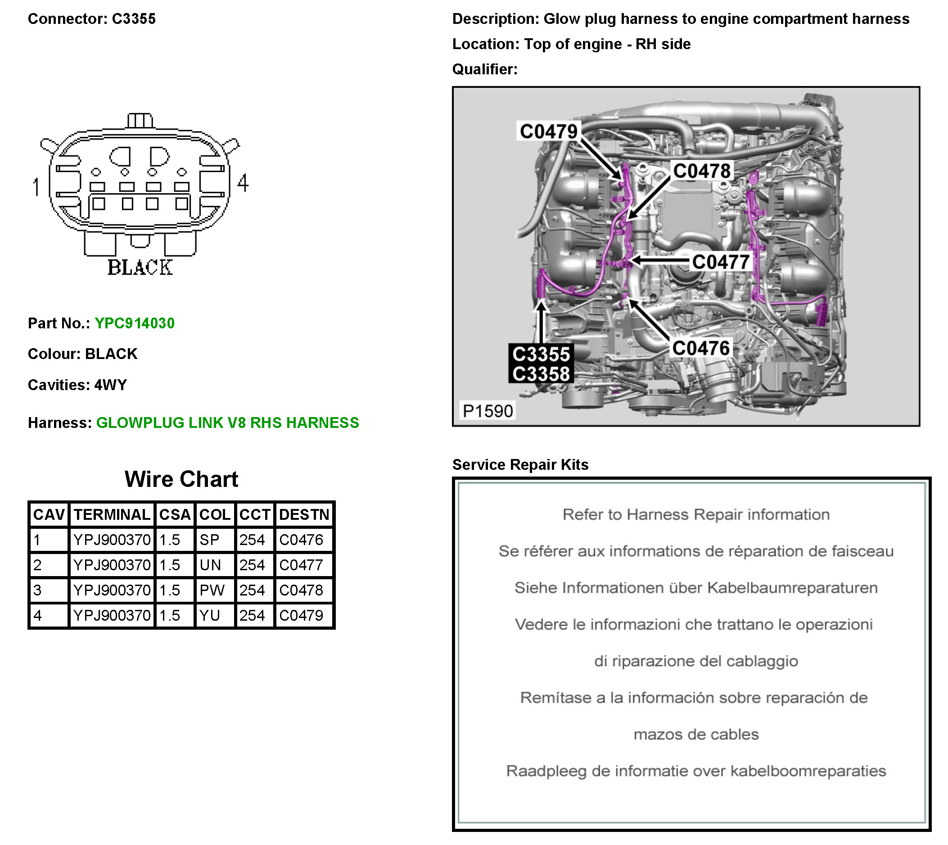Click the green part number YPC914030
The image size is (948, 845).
tap(135, 323)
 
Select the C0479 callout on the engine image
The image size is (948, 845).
tap(548, 132)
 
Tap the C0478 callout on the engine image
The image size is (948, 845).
tap(702, 171)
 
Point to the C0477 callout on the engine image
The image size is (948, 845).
tap(720, 262)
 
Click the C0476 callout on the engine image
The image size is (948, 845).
tap(701, 348)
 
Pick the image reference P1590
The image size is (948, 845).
tap(488, 411)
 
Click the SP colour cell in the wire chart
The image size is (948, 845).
tap(210, 540)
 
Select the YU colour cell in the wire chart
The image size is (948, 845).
tap(210, 615)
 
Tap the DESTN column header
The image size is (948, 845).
tap(304, 514)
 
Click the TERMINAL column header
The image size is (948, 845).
tap(112, 514)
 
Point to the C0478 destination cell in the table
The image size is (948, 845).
tap(301, 590)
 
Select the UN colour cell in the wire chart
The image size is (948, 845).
tap(210, 565)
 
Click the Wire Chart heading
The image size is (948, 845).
tap(181, 479)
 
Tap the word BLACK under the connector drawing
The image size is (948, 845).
tap(140, 268)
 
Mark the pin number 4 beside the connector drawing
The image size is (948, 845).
tap(243, 183)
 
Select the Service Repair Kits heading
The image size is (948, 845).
tap(520, 465)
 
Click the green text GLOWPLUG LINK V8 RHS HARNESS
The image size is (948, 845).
tap(227, 422)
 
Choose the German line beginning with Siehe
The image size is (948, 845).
tap(695, 588)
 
